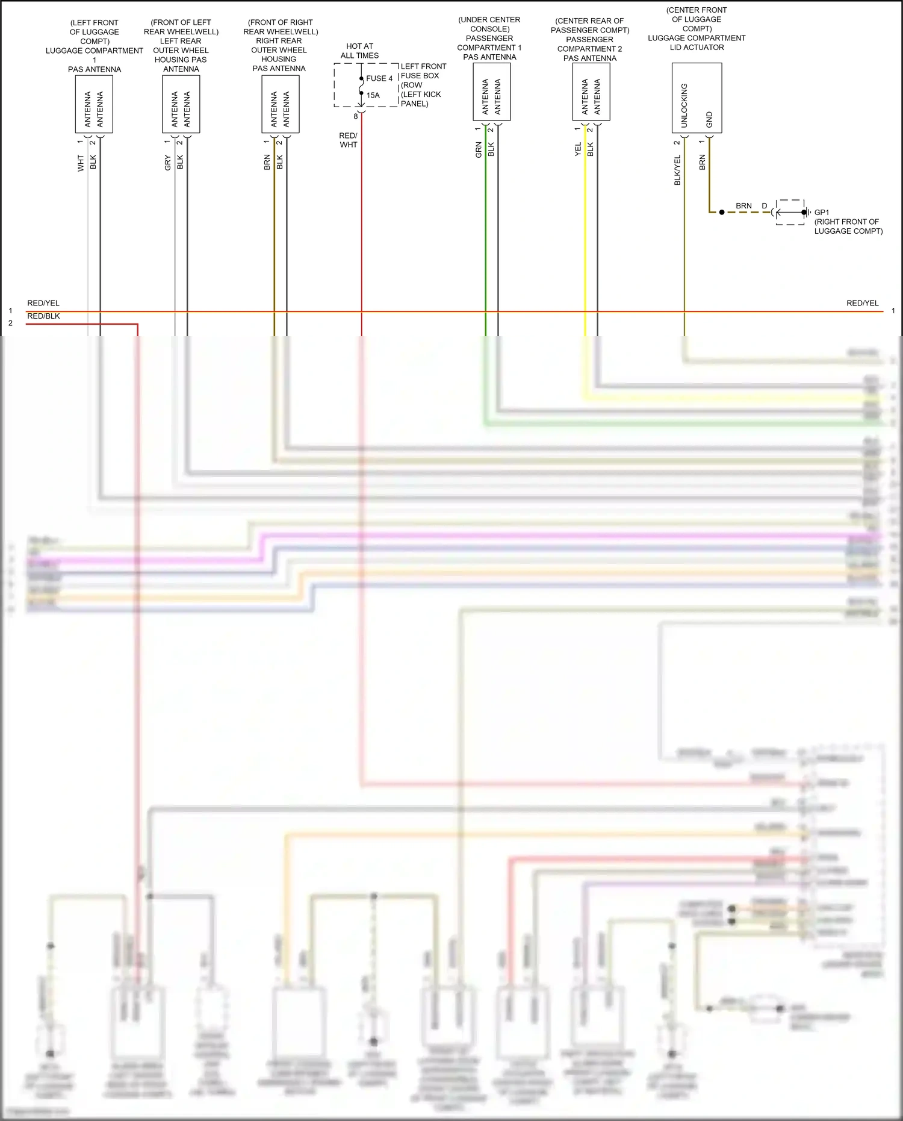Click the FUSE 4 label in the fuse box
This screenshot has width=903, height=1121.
pos(379,78)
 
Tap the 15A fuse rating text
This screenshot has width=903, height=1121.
pos(373,95)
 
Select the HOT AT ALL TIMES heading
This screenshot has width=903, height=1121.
pos(359,51)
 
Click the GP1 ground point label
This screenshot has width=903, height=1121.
pos(822,212)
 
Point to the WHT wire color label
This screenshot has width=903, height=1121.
pos(81,163)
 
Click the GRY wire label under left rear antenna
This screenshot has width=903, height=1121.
pos(168,163)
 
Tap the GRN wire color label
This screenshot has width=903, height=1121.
pos(479,150)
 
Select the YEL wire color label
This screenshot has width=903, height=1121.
pos(578,149)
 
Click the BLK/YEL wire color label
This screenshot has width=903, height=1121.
pos(677,170)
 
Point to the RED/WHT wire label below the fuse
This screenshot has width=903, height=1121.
pos(348,140)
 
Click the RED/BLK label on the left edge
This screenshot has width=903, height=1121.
pos(43,316)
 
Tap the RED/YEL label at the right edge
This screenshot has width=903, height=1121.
pos(862,303)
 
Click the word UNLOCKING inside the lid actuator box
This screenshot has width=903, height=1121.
pos(684,105)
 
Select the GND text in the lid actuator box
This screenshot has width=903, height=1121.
pos(709,119)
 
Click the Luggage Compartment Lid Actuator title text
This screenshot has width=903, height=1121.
pos(697,42)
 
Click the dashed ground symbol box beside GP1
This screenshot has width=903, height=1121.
pos(790,212)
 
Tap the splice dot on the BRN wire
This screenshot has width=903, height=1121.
pos(722,212)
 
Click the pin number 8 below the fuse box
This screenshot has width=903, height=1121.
pos(356,116)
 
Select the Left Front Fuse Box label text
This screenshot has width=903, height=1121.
pos(423,85)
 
